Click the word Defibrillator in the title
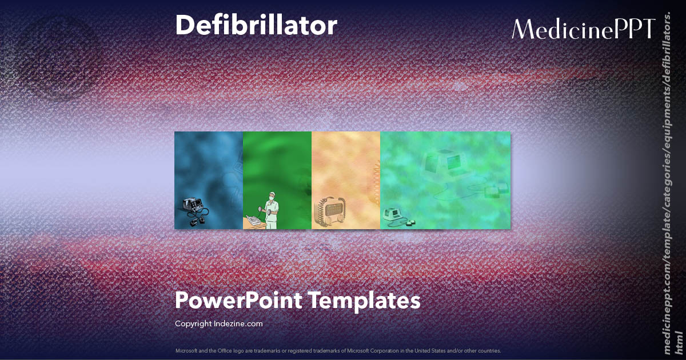[x=256, y=26]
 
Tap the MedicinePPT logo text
[x=583, y=29]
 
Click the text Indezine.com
[x=238, y=323]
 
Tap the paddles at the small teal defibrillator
[x=409, y=222]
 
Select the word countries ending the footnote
[x=491, y=350]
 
